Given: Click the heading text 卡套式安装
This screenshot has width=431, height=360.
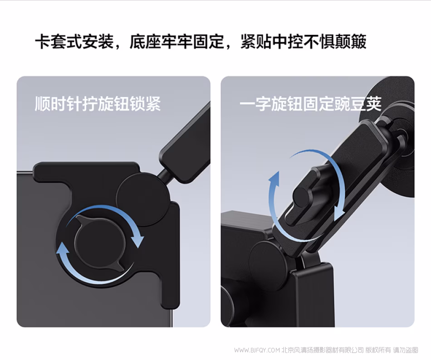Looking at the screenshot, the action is coord(74,42).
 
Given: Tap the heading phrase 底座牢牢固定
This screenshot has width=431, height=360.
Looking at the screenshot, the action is coord(176,42).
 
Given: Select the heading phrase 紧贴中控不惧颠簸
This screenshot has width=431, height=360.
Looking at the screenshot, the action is coord(303,42).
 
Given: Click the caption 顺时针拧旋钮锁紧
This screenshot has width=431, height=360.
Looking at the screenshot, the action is coord(98,104).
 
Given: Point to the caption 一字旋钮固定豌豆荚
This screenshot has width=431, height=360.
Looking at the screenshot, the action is coord(311,104).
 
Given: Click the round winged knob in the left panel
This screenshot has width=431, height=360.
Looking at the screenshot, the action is coord(99,243).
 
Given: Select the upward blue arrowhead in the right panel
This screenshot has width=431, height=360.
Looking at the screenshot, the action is coord(274,179).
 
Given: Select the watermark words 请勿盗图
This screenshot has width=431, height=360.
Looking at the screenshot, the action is coord(406,350).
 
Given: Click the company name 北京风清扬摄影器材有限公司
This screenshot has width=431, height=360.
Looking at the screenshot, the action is coord(323,350).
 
